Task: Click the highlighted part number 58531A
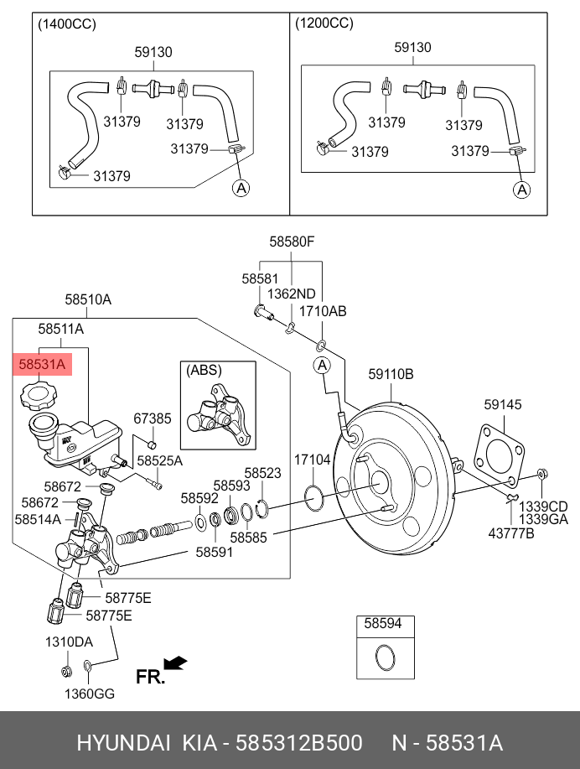pos(41,365)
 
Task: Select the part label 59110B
pos(391,375)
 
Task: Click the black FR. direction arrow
pos(176,663)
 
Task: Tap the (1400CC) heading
pos(68,24)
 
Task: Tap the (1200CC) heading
pos(324,24)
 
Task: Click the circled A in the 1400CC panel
pos(241,188)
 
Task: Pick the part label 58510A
pos(89,299)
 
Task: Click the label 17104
pos(312,460)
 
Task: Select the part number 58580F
pos(292,242)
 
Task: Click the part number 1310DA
pos(68,642)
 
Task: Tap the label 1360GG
pos(90,694)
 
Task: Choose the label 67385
pos(153,418)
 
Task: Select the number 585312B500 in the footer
pos(298,743)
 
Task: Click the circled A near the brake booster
pos(322,365)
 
